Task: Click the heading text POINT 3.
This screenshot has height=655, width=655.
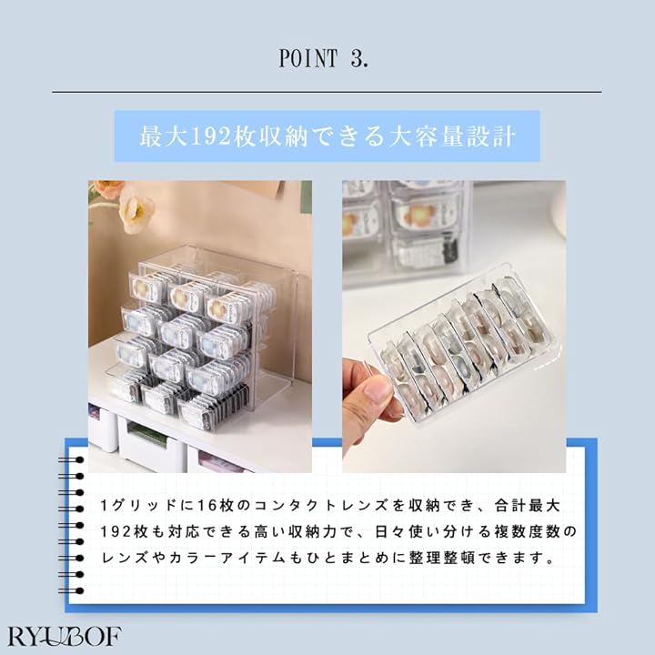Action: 324,58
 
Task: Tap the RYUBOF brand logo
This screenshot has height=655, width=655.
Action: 65,636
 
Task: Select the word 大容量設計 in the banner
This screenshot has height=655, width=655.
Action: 452,136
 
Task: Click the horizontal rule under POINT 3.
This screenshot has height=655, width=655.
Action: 327,92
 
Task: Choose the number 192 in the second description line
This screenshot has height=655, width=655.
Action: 115,532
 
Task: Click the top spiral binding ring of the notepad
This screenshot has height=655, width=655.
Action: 72,460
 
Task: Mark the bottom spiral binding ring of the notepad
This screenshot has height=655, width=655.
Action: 72,590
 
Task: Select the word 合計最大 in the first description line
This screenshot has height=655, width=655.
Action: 527,506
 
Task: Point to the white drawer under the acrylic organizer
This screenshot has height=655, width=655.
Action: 151,444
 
